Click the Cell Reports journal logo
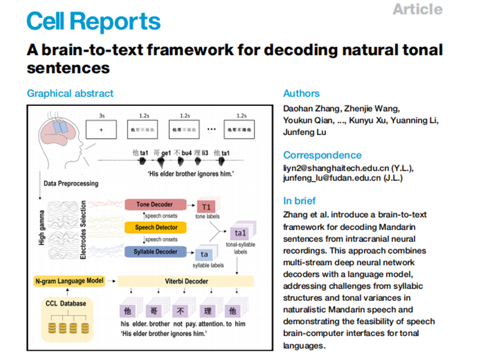click(93, 22)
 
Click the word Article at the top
click(417, 9)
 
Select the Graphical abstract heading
click(70, 93)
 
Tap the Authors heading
click(301, 93)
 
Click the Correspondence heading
click(322, 155)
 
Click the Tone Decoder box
click(155, 204)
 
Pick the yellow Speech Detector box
click(156, 227)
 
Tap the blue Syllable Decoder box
click(156, 251)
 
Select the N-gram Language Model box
click(68, 281)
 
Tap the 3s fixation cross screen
click(101, 129)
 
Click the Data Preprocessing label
click(71, 183)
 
